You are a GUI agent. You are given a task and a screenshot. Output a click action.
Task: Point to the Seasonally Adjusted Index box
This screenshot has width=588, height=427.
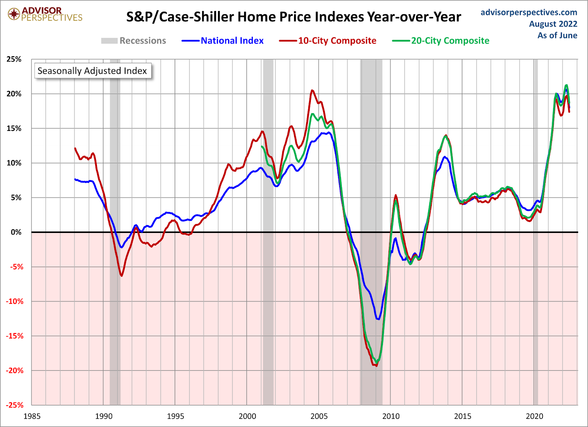[x=92, y=71]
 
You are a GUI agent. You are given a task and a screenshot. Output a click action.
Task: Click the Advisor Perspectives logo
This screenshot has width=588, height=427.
[x=45, y=14]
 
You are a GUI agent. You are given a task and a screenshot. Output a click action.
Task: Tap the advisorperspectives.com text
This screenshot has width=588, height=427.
[x=528, y=12]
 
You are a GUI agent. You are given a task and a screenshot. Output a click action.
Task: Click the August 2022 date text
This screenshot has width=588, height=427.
[x=553, y=24]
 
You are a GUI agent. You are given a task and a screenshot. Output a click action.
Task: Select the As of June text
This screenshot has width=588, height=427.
[x=557, y=35]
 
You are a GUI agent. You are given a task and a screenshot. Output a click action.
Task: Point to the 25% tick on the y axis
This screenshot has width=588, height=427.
[x=14, y=59]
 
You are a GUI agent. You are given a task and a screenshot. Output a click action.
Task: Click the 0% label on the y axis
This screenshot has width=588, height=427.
[x=16, y=232]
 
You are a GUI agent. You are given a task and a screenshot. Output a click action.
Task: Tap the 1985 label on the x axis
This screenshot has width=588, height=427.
[x=32, y=416]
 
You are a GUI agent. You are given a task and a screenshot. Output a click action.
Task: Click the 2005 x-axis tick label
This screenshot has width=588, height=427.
[x=319, y=416]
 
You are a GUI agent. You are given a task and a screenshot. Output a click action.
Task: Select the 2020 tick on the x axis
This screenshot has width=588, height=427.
[x=534, y=416]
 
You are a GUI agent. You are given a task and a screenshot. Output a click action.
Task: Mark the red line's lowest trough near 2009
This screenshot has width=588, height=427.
[x=376, y=366]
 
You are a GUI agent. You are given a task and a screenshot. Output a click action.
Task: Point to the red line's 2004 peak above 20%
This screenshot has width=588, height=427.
[x=312, y=90]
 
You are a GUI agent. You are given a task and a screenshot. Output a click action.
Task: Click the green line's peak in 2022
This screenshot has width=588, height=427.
[x=566, y=85]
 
